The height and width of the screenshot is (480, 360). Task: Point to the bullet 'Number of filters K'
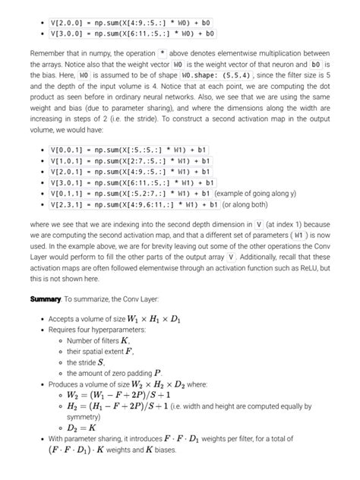point(98,342)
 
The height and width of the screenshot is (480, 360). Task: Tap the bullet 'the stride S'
point(85,363)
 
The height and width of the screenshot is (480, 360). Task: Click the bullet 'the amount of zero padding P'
point(114,374)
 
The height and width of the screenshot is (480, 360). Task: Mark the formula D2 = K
point(86,428)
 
